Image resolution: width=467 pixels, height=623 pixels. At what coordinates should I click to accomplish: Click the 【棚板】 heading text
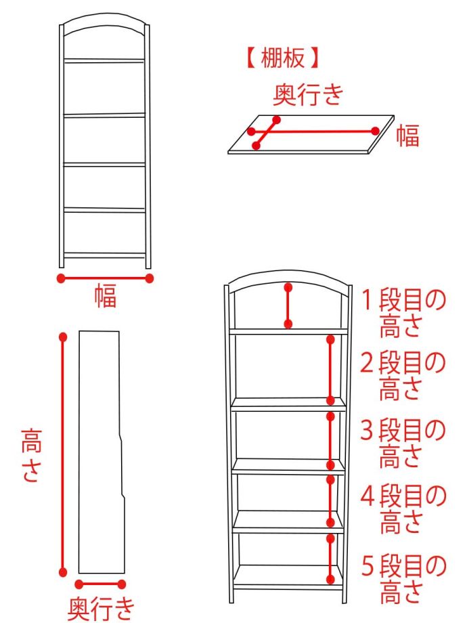282,58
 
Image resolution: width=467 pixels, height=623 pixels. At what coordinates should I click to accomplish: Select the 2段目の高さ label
401,375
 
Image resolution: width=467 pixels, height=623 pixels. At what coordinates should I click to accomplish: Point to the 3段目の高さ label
401,443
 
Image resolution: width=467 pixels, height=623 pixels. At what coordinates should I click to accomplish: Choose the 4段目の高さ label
402,509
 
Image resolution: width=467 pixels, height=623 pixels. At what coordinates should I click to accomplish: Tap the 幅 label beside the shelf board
408,135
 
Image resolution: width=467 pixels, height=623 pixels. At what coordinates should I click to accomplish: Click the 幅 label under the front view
105,296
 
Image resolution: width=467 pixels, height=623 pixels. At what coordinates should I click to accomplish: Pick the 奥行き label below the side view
102,608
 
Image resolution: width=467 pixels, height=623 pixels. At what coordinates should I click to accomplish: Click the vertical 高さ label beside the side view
31,454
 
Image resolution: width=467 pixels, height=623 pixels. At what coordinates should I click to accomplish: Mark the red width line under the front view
105,278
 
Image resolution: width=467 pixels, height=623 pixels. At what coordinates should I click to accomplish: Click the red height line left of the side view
63,454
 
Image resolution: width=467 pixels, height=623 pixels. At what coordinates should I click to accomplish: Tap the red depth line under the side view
100,584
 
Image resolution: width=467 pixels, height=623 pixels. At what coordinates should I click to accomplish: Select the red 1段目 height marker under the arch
289,305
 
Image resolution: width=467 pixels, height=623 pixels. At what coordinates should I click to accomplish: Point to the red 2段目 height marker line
330,370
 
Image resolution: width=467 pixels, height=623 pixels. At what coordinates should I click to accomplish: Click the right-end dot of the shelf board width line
375,131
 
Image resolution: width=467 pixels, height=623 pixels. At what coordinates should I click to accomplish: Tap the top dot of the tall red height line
63,337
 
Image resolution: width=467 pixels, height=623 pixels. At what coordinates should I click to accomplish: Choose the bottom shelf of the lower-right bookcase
287,577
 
